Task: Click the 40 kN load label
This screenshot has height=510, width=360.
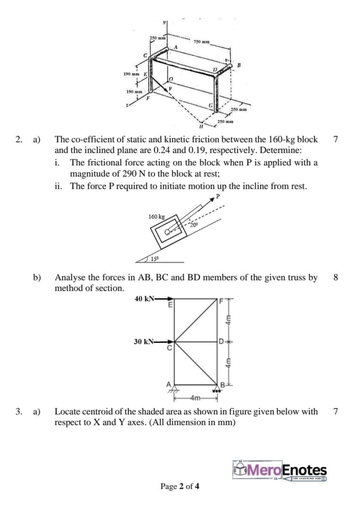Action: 144,299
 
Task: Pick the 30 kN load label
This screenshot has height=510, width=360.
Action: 144,342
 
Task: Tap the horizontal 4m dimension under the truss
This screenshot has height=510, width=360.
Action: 197,397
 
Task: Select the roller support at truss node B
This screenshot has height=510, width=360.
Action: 219,390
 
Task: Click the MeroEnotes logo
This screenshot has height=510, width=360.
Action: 280,471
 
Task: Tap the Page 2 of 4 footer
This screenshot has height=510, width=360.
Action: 180,487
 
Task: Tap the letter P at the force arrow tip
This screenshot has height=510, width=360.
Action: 217,197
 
